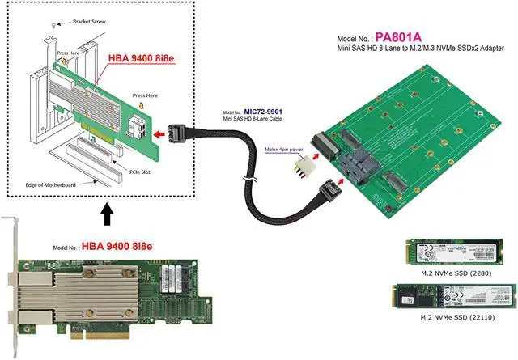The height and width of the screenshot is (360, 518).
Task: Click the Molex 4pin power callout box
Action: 284,150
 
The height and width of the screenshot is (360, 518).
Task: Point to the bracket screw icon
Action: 53,27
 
